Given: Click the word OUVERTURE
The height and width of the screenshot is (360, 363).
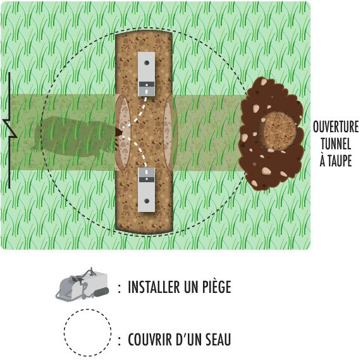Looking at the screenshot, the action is [336, 127].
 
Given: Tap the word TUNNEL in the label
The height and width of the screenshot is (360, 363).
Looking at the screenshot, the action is [336, 144].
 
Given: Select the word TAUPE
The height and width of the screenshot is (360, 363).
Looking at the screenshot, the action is [340, 161].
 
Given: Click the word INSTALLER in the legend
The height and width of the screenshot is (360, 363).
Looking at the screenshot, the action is [154, 287].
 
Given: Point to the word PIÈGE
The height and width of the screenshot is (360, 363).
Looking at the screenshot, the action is [217, 287].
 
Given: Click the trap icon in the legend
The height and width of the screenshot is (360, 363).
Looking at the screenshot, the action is [82, 285].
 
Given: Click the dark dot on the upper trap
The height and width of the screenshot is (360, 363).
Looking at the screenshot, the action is [147, 63].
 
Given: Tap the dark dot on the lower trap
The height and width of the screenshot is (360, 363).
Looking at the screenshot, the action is [147, 201].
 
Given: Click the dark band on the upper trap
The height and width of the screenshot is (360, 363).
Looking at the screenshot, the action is [146, 84].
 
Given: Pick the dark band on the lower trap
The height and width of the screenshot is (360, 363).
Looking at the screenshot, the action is [146, 179].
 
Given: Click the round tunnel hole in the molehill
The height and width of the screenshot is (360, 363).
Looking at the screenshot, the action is [279, 132].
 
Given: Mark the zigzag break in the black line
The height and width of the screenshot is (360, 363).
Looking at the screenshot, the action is [10, 130].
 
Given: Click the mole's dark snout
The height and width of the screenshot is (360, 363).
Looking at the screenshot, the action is [119, 133].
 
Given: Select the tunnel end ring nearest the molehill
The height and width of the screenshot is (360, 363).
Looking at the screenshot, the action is [170, 133].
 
